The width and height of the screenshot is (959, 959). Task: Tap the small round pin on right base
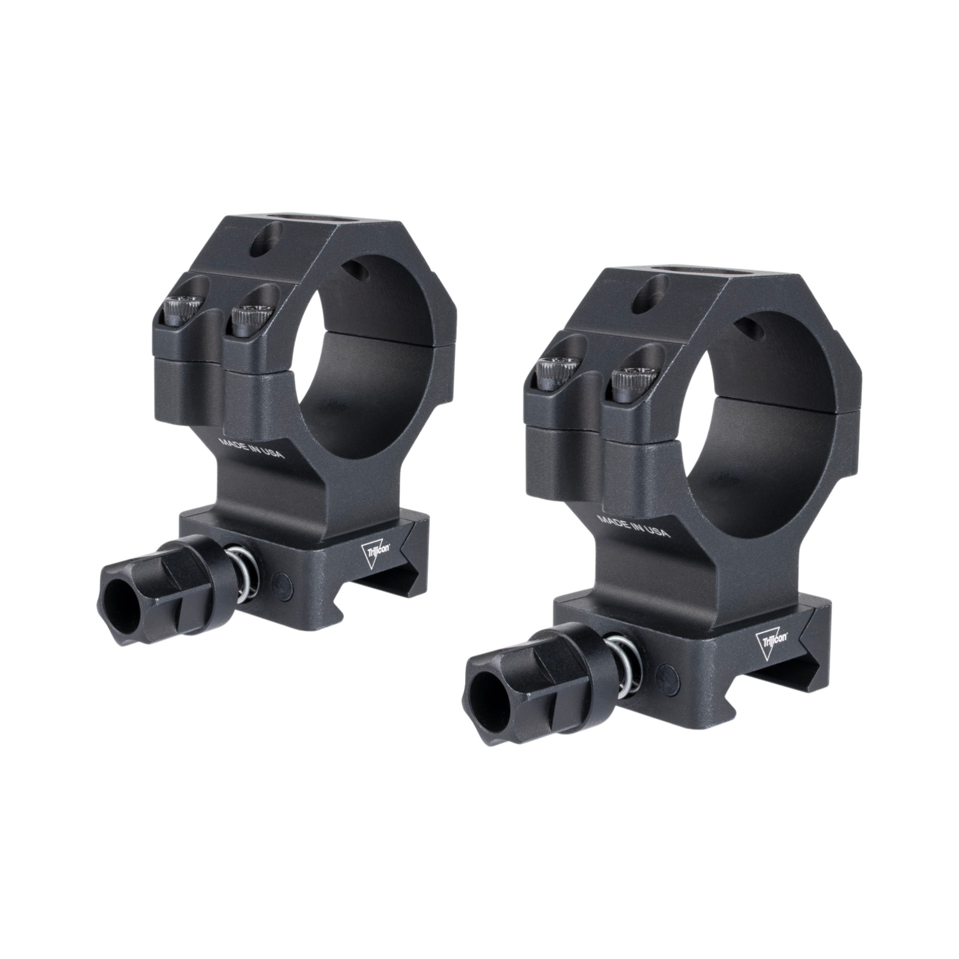tap(664, 670)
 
